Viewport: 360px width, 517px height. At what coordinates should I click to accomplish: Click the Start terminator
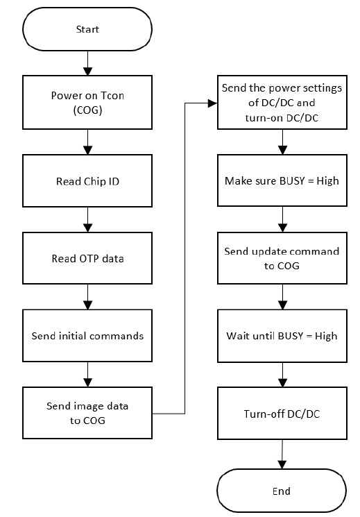(87, 29)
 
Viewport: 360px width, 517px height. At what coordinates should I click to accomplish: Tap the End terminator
(282, 491)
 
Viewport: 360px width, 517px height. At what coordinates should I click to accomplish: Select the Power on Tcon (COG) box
(87, 102)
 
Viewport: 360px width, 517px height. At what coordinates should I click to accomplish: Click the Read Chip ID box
(87, 180)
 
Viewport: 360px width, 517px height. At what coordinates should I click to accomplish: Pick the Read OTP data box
(87, 258)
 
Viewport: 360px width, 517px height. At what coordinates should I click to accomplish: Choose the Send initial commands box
(87, 336)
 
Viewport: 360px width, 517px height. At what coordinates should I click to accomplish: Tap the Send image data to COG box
(87, 413)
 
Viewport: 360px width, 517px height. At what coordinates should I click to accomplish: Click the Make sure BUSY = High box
(282, 180)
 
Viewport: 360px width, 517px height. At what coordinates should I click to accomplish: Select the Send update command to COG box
(282, 258)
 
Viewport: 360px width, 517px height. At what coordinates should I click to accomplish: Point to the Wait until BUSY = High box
(282, 336)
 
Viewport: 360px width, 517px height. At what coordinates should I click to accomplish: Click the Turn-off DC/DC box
(282, 413)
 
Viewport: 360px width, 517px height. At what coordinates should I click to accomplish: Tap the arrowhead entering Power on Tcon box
(87, 71)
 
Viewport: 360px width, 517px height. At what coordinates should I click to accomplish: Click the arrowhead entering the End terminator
(282, 464)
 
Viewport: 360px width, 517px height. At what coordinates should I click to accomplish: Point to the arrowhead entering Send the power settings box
(213, 103)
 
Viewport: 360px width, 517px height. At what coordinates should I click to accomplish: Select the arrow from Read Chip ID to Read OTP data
(87, 219)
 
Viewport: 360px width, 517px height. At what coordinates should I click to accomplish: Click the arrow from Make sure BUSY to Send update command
(282, 219)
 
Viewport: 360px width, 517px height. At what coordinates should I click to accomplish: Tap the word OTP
(89, 258)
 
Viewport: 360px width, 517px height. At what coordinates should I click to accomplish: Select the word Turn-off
(259, 414)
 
